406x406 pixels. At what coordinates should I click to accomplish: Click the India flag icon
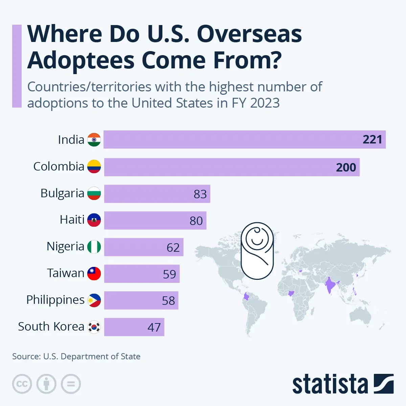pos(94,140)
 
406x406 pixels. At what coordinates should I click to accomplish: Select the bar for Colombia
pos(232,167)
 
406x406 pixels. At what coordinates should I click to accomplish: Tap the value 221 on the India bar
pos(372,139)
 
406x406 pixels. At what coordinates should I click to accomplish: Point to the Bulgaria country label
pos(62,193)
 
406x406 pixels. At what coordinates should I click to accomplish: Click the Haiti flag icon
pos(94,220)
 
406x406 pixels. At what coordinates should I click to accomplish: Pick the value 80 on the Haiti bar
pos(196,221)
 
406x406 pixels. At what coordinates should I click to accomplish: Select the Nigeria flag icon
pos(94,247)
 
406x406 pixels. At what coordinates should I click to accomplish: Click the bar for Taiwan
pos(142,273)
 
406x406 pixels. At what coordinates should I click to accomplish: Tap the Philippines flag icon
pos(94,300)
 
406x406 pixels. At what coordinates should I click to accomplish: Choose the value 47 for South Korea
pos(154,327)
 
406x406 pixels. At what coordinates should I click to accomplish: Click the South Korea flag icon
pos(94,327)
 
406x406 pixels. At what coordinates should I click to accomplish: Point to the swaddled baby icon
pos(257,250)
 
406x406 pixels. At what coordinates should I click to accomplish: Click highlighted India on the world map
pos(329,286)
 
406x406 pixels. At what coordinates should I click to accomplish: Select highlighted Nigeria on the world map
pos(291,293)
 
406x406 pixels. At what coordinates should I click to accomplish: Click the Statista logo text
pos(330,384)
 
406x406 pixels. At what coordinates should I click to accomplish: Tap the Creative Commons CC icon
pos(22,384)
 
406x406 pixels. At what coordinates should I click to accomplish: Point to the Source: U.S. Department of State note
pos(76,356)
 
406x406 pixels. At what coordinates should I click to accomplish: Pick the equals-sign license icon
pos(71,384)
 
